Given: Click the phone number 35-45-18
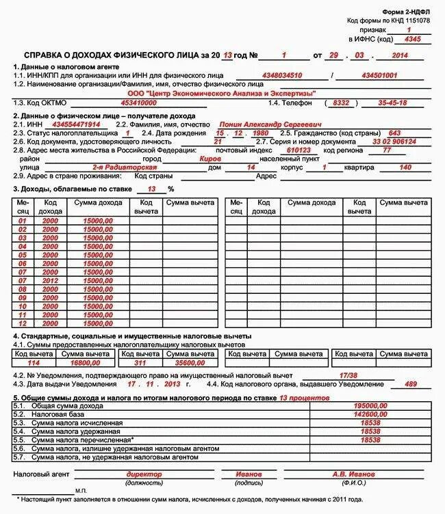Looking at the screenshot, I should click(x=392, y=103).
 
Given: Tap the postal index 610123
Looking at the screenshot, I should click(x=298, y=150).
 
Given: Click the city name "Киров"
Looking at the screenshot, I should click(x=209, y=158).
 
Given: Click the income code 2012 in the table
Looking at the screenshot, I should click(x=50, y=280).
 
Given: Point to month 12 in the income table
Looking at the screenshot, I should click(x=22, y=323).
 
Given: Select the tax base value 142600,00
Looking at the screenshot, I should click(x=370, y=414).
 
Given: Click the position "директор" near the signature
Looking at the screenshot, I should click(x=144, y=474).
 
